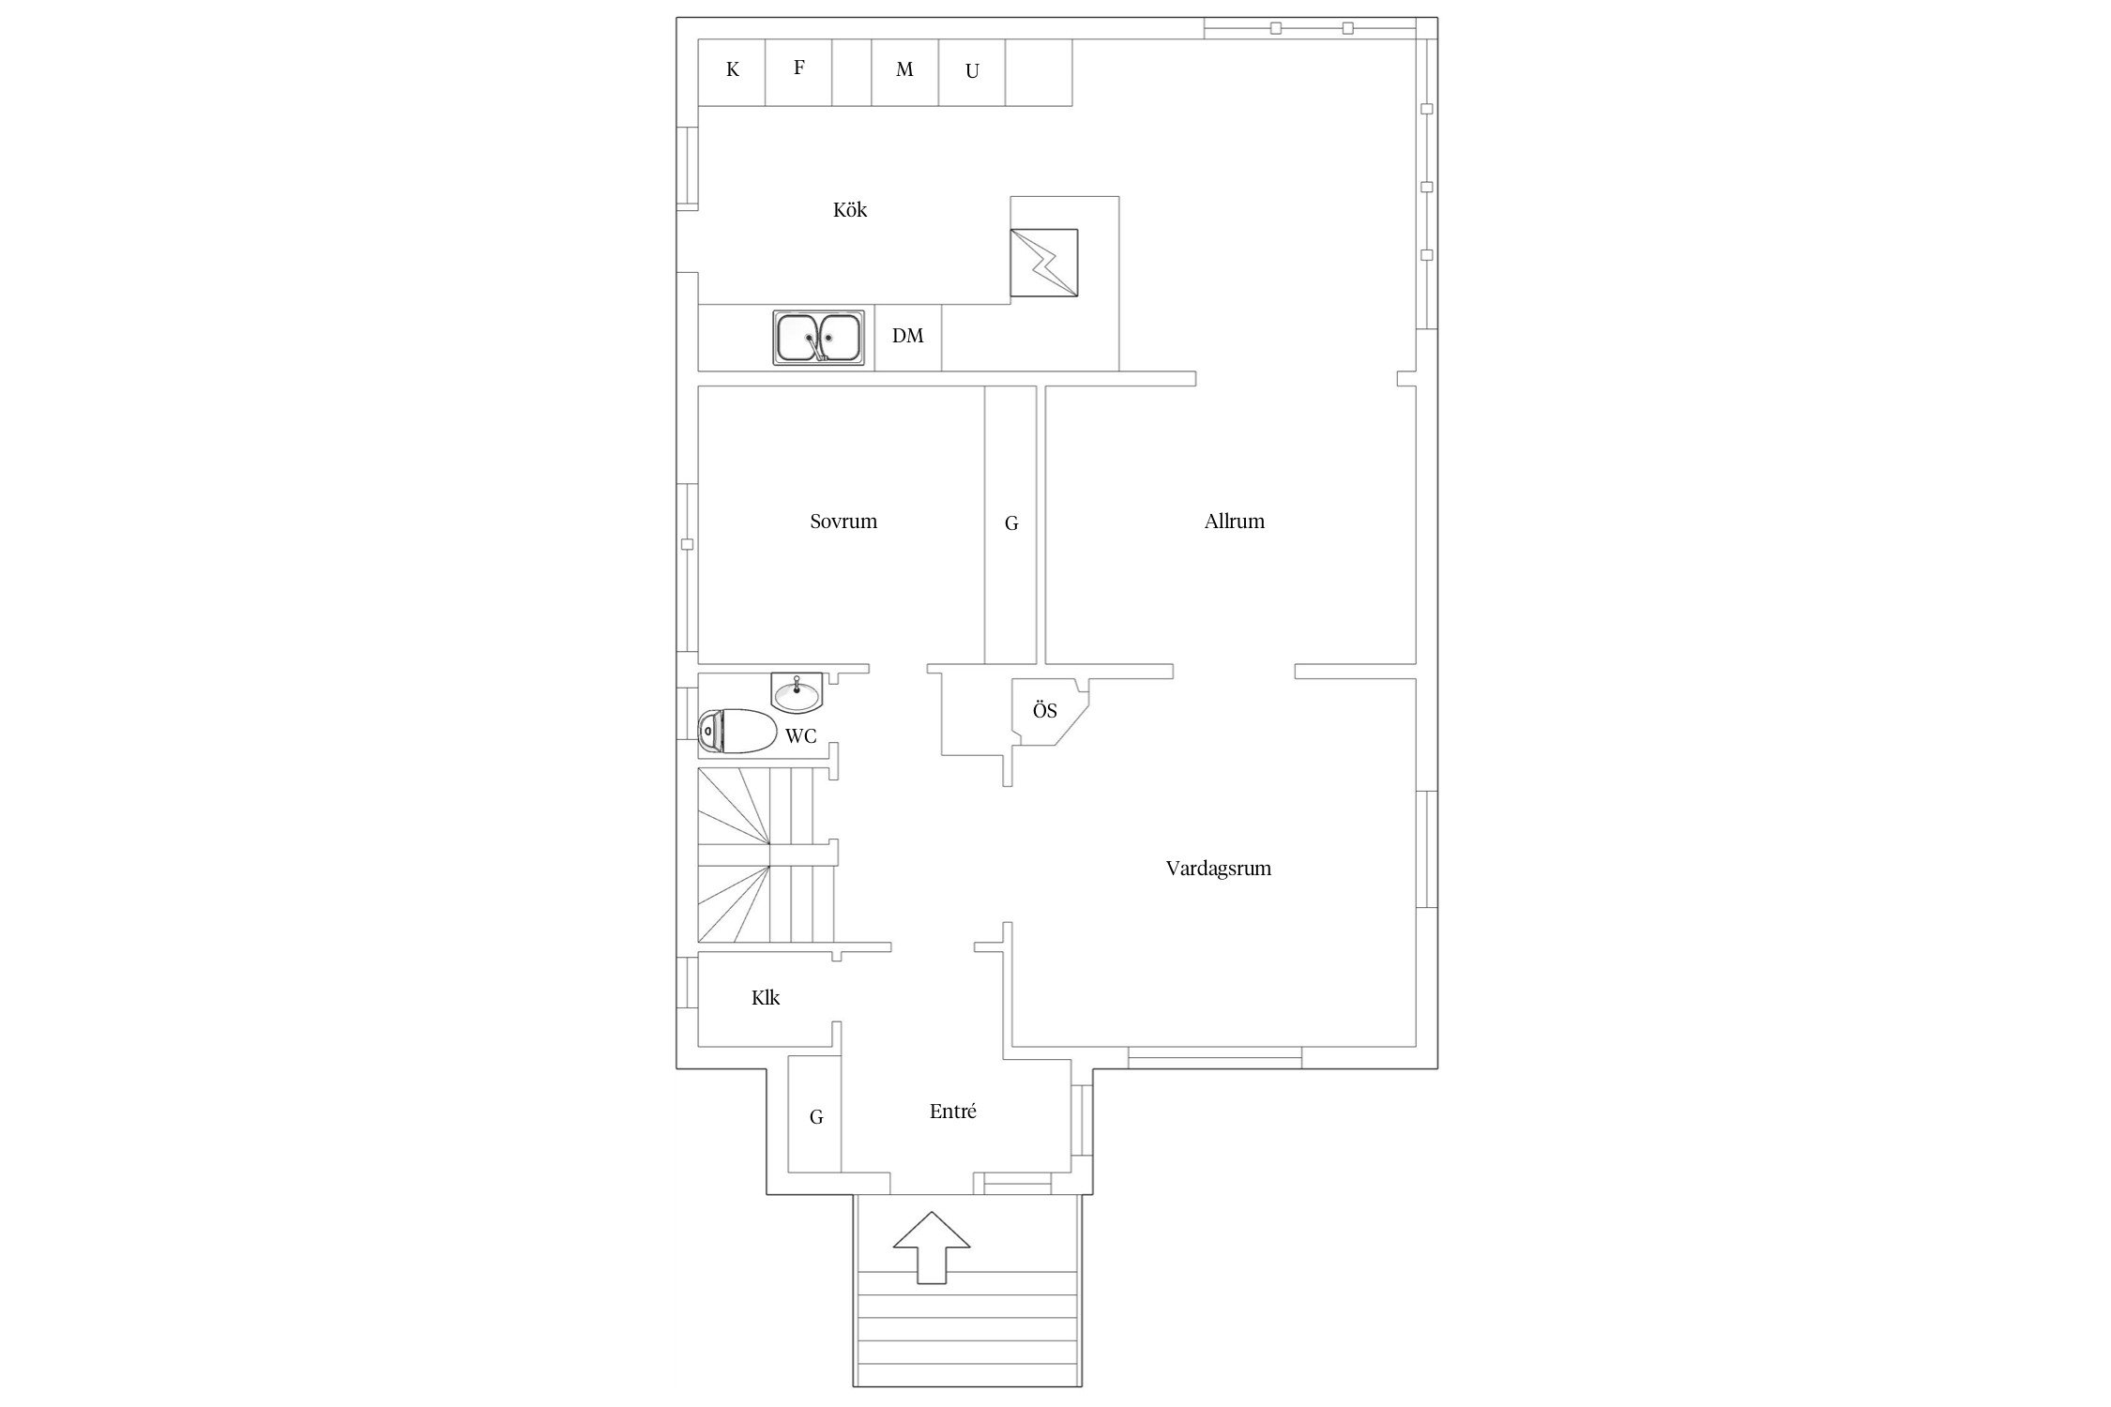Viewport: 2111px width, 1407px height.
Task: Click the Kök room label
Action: (850, 210)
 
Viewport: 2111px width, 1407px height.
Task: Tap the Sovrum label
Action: (843, 522)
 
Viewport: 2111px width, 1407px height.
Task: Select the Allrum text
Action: (1234, 522)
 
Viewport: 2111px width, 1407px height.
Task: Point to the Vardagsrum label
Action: (1218, 869)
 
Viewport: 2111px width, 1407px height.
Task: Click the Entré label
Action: (952, 1112)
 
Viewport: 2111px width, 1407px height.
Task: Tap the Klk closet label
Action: (766, 998)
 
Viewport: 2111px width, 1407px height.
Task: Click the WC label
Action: (800, 736)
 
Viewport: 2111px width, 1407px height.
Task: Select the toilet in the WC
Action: (738, 732)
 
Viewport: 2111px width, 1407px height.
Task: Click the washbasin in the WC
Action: (797, 691)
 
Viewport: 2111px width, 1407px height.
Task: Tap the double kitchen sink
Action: (819, 337)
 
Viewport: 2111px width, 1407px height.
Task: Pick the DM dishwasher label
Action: (907, 336)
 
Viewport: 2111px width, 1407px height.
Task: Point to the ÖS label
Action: (1045, 710)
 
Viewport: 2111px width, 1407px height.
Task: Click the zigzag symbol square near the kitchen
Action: (1044, 263)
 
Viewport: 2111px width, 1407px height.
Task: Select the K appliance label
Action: (733, 69)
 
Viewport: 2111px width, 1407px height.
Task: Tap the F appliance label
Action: (799, 68)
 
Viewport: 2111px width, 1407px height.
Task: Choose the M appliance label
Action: (904, 69)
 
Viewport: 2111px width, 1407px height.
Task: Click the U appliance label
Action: (972, 71)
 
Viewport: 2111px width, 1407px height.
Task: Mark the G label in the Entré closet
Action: (816, 1117)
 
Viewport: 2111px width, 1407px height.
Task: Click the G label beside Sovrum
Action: (1011, 523)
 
